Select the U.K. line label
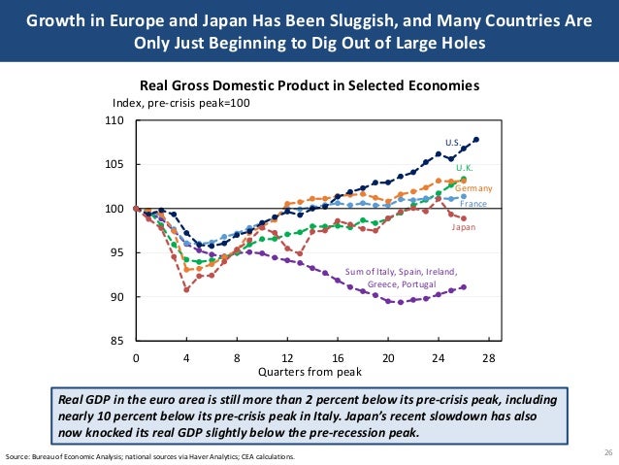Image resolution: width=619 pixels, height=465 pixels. click(464, 168)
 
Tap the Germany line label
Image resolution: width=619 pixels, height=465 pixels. click(474, 187)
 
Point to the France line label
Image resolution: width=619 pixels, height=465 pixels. click(473, 204)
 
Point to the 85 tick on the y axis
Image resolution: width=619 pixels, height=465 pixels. click(117, 341)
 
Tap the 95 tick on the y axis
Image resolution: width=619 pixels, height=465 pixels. click(117, 253)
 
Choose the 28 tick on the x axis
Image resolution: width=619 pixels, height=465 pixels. click(489, 357)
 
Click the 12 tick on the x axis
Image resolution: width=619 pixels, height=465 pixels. click(287, 357)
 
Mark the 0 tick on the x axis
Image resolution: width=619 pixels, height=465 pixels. click(136, 357)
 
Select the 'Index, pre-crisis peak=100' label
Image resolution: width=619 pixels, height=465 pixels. click(181, 103)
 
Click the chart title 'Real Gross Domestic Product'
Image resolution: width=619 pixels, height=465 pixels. click(309, 85)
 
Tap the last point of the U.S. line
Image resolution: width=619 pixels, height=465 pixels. click(476, 140)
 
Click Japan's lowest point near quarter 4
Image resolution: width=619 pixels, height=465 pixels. click(186, 289)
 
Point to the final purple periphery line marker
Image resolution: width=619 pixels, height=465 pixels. click(464, 286)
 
